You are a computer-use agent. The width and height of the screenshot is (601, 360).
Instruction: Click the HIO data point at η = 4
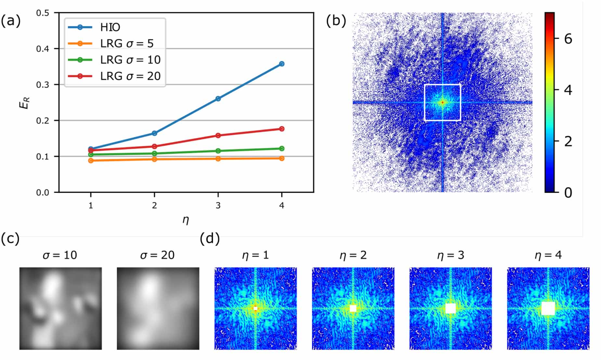282,64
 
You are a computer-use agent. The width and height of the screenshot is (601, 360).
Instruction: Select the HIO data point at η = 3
218,99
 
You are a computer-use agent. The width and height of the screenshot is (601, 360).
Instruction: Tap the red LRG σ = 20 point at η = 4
282,129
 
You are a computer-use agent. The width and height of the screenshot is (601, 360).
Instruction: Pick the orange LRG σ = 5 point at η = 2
154,159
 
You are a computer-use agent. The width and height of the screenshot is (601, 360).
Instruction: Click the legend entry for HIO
110,27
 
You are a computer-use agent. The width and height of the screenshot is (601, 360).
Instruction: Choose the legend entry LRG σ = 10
130,60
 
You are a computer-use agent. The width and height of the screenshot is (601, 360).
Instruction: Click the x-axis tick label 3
218,205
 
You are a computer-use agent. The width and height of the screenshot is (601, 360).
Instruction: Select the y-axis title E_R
26,103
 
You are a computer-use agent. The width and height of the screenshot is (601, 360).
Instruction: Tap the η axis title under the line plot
185,220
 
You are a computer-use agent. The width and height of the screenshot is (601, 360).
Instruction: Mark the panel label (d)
210,239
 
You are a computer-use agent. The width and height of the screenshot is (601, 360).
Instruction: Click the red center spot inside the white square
442,103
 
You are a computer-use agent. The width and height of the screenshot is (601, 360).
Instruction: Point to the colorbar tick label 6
568,39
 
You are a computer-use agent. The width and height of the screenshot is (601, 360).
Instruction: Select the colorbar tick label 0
568,192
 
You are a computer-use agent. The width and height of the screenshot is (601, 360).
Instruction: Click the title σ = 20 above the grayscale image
158,255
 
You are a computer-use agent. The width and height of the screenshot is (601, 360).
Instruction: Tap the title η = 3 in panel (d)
450,255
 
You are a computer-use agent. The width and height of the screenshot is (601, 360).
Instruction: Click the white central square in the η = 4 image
548,308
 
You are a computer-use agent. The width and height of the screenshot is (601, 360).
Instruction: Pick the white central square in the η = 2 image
353,308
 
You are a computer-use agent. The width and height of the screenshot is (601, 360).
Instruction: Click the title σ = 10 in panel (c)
60,255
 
